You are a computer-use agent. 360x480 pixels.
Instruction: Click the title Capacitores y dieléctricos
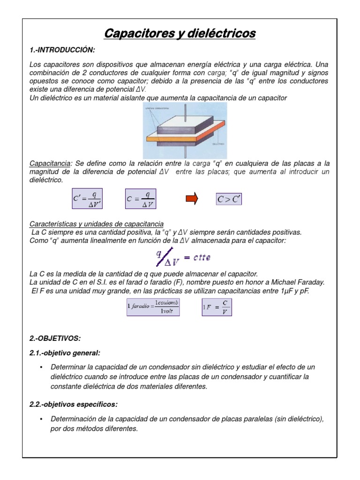pyautogui.click(x=180, y=34)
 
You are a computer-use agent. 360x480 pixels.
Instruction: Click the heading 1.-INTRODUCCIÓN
pyautogui.click(x=62, y=50)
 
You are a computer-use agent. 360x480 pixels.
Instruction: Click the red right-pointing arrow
pyautogui.click(x=192, y=199)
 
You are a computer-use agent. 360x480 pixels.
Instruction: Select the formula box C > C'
pyautogui.click(x=229, y=199)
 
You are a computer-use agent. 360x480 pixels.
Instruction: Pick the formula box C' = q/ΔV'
pyautogui.click(x=88, y=199)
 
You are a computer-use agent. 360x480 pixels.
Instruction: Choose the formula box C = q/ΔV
pyautogui.click(x=140, y=199)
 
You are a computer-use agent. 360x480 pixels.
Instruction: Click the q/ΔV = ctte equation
pyautogui.click(x=183, y=257)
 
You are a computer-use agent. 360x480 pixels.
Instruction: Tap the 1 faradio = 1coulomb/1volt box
pyautogui.click(x=153, y=307)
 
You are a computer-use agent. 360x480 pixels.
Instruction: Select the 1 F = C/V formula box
pyautogui.click(x=217, y=307)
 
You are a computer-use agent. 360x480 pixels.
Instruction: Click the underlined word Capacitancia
pyautogui.click(x=49, y=164)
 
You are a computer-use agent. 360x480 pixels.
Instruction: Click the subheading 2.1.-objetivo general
pyautogui.click(x=65, y=352)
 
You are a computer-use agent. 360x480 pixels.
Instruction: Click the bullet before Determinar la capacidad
pyautogui.click(x=42, y=367)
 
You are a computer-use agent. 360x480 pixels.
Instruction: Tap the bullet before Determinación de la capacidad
pyautogui.click(x=42, y=419)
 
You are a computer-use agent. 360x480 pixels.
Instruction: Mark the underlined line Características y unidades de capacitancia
pyautogui.click(x=96, y=225)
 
